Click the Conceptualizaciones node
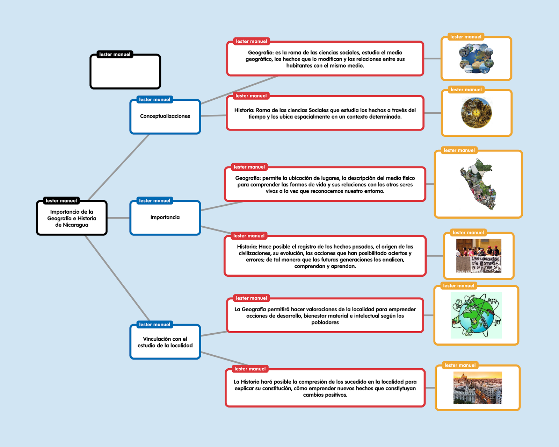tap(165, 116)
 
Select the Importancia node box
tap(165, 218)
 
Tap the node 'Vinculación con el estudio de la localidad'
tap(165, 342)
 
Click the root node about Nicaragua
tap(72, 218)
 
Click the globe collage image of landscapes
tap(476, 58)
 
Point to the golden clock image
tap(476, 113)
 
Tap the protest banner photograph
tap(479, 256)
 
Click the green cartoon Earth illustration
tap(476, 315)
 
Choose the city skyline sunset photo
tap(478, 388)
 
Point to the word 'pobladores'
tap(325, 322)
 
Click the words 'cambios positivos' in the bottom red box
tap(325, 395)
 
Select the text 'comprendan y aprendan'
tap(325, 266)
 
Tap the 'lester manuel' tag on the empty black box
tap(115, 54)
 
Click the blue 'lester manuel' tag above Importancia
tap(154, 200)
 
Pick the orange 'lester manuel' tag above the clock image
tap(466, 90)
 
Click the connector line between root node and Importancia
tap(118, 218)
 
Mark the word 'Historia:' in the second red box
tap(244, 110)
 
